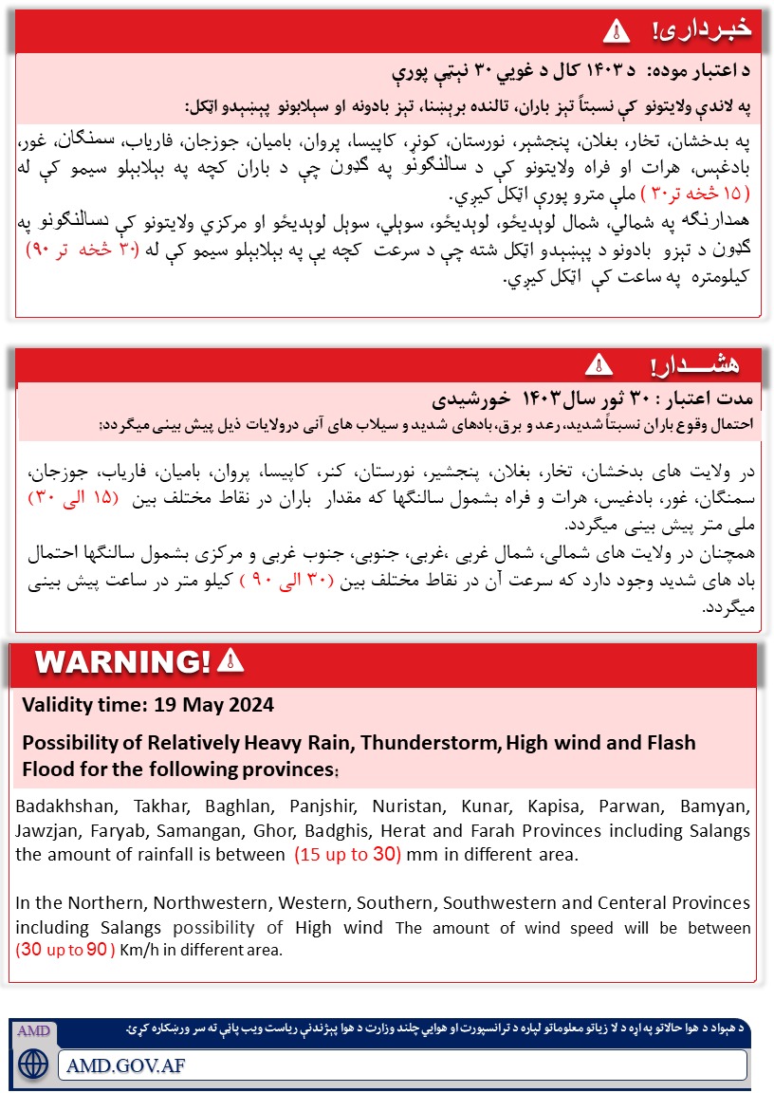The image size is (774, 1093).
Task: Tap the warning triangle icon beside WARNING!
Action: point(230,660)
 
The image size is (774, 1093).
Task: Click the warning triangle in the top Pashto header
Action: point(617,30)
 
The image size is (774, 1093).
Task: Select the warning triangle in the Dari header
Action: point(599,363)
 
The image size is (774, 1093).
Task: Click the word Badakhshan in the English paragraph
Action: point(61,807)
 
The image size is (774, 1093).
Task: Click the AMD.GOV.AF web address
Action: point(125,1065)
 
